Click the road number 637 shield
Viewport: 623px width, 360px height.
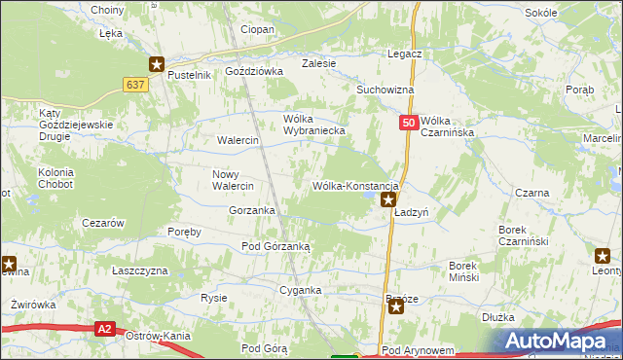pos(135,86)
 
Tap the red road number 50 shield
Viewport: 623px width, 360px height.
pos(409,123)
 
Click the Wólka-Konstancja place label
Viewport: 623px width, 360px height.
pos(354,185)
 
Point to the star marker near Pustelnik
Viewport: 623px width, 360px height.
pos(157,64)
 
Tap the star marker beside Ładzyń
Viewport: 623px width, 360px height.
pos(388,201)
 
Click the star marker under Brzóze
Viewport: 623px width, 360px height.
pos(396,306)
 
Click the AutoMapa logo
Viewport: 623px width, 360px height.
pos(560,339)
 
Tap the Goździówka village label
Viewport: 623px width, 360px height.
pos(253,71)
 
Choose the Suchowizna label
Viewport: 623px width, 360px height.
pos(385,90)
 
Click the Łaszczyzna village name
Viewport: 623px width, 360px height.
pos(139,270)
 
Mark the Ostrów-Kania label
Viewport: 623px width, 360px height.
pos(158,336)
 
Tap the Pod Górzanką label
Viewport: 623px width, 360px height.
pos(275,247)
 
